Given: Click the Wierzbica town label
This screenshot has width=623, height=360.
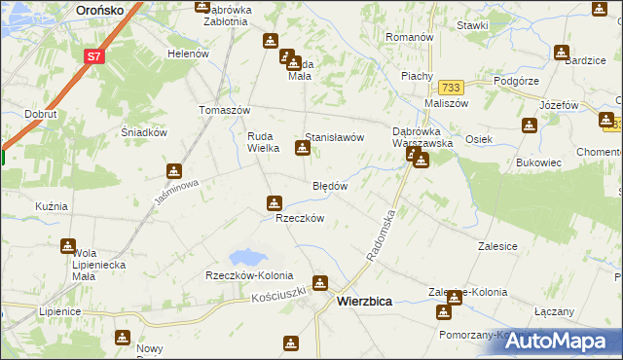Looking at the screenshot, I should coord(364,302).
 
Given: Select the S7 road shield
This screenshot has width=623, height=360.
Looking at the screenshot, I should coord(93,56).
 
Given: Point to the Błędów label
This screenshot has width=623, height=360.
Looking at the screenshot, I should coord(330,185).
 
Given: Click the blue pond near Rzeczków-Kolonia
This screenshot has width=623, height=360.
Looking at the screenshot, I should coord(247,258).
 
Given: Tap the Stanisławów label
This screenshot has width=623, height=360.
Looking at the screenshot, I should coord(335,138).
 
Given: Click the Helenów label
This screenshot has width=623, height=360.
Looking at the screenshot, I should coord(189,54).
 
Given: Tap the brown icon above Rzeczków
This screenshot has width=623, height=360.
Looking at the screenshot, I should coord(274,202).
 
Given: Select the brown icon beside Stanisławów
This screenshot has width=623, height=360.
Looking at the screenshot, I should coord(302,148).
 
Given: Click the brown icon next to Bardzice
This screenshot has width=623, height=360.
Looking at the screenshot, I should coord(562,53).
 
